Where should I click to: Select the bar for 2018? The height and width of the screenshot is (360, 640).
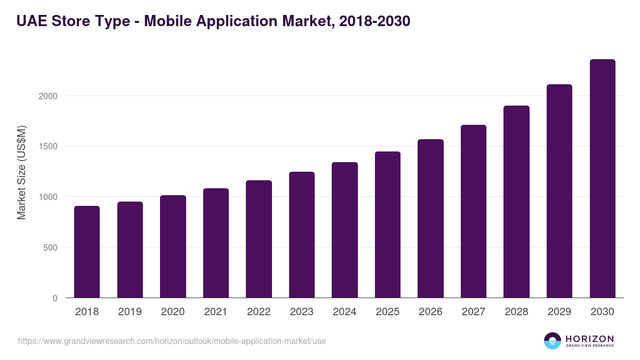(87, 252)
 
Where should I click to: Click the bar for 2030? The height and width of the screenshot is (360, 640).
(602, 179)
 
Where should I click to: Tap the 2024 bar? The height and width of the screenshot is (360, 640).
(345, 230)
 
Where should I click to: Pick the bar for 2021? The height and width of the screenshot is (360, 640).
(216, 243)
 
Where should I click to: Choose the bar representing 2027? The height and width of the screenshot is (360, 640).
(474, 211)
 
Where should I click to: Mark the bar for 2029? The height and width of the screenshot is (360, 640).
(559, 191)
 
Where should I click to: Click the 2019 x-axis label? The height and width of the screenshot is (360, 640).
(130, 312)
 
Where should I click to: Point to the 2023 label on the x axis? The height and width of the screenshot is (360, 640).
(302, 312)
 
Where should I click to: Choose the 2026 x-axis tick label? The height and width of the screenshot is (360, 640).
(430, 312)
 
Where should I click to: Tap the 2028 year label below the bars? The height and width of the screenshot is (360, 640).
(516, 312)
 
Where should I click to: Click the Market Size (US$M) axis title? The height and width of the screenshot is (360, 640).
(21, 172)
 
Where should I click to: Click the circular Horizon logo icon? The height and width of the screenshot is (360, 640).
(553, 341)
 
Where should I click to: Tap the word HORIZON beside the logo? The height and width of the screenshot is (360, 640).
(589, 339)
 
